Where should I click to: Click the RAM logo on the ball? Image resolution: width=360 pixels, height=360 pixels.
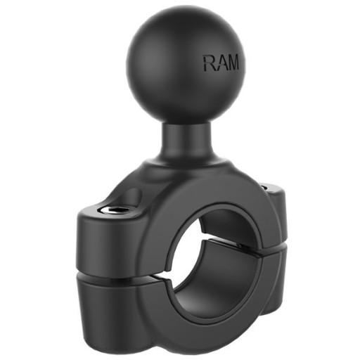point(221,63)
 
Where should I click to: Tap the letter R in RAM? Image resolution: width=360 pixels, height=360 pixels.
point(210,63)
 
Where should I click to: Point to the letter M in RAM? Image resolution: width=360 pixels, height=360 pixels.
point(232,63)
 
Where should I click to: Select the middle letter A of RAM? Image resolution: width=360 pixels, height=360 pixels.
point(221,63)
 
